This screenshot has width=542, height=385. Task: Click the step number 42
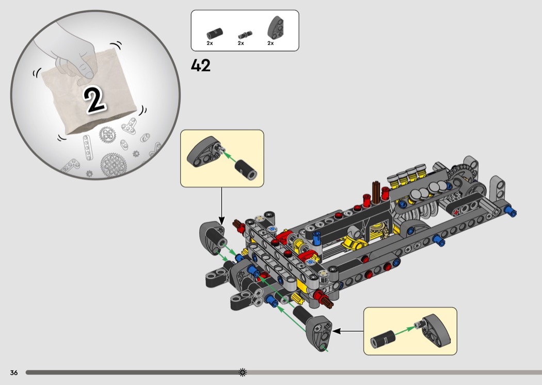click(x=200, y=66)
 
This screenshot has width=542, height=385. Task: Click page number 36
click(x=14, y=373)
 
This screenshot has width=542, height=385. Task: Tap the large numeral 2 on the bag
click(x=94, y=100)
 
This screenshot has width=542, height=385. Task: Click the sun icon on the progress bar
click(x=243, y=372)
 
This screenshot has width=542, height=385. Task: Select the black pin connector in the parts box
click(x=215, y=34)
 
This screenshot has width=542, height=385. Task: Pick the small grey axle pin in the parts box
click(x=245, y=35)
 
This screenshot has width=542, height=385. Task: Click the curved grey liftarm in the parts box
click(x=276, y=27)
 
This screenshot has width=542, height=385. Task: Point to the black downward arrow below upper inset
click(x=221, y=206)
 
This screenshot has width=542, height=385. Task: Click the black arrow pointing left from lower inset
click(x=348, y=331)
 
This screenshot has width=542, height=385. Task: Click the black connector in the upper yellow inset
click(x=246, y=170)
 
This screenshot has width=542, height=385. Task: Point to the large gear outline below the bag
click(x=113, y=166)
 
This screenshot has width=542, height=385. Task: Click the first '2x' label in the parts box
click(x=210, y=43)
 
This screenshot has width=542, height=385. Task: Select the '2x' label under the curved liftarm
click(x=270, y=43)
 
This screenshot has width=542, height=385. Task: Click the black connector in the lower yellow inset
click(x=382, y=339)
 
